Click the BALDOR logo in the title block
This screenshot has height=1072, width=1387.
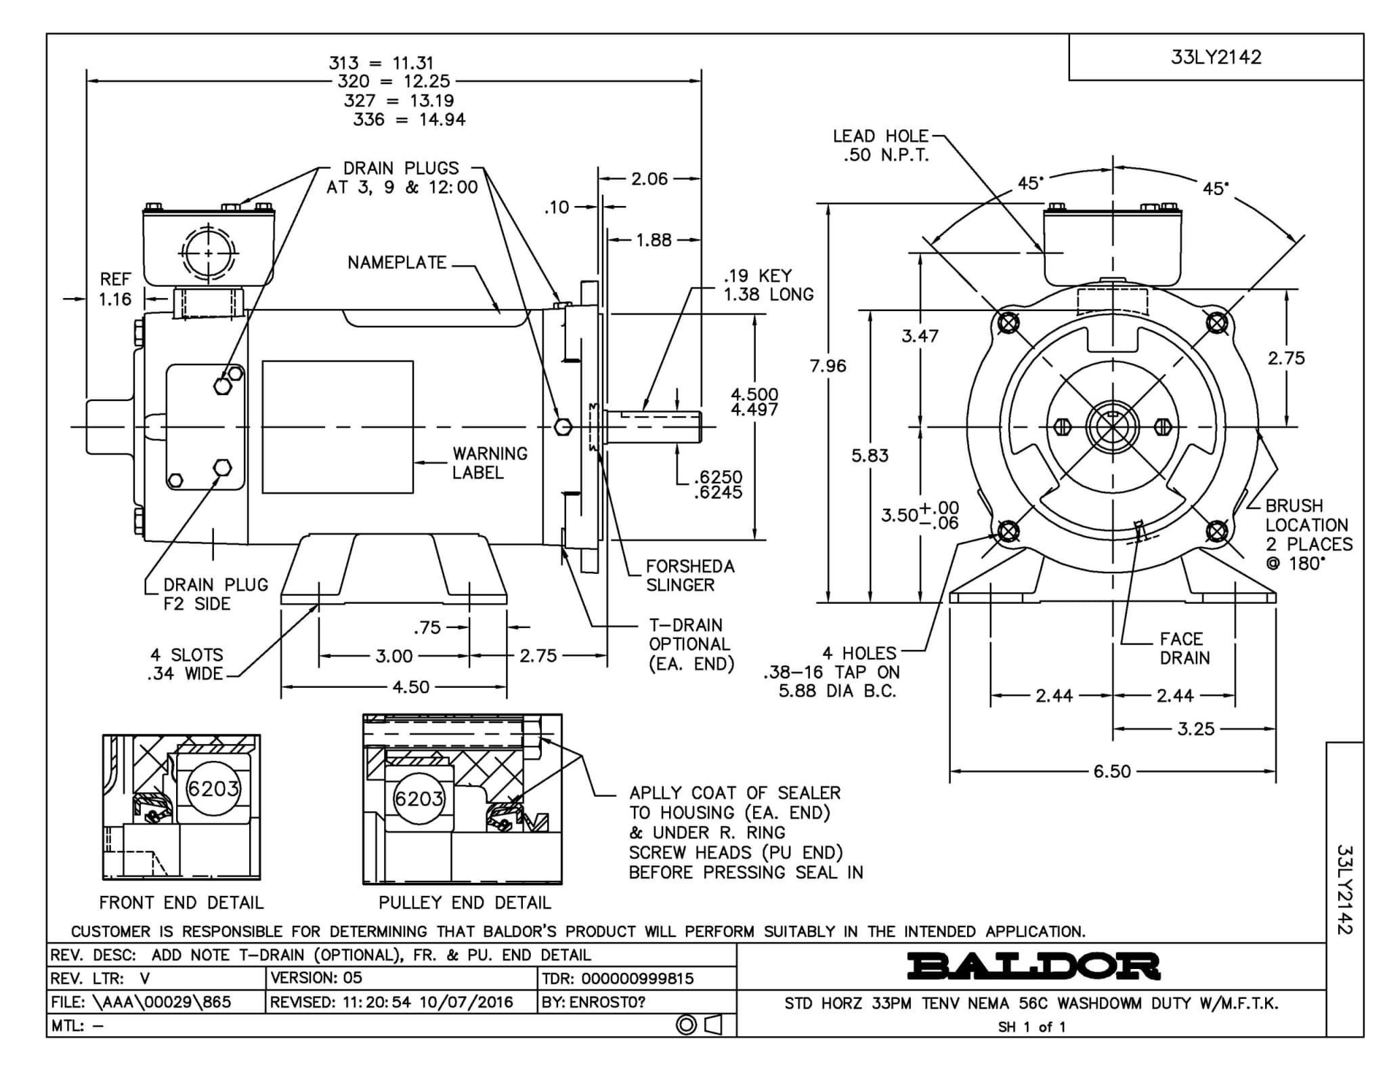pos(1033,966)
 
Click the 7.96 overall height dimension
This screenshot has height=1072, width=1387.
pos(828,366)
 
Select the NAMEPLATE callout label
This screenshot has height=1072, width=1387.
pos(397,262)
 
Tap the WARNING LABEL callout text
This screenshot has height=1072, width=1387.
pos(490,463)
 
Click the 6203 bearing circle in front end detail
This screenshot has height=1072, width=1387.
pos(213,788)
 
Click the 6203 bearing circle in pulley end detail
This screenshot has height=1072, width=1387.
pos(419,799)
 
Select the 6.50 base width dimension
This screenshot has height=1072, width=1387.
pos(1112,771)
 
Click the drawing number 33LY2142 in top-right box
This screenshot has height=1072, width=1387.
pos(1216,57)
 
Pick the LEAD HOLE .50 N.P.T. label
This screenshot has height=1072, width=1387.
pos(880,146)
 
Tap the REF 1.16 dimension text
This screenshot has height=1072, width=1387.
pos(115,289)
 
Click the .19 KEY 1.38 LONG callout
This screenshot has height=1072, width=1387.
pos(769,285)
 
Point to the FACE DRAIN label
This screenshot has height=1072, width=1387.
pos(1184,648)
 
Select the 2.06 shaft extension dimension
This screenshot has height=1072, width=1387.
pos(649,179)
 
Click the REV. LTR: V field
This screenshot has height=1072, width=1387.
pos(100,978)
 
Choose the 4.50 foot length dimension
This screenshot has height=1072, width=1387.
pos(411,687)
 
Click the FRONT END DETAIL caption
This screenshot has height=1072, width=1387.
pos(182,903)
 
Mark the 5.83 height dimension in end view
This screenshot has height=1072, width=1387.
pos(870,455)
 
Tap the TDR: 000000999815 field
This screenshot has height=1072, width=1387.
pos(618,978)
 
